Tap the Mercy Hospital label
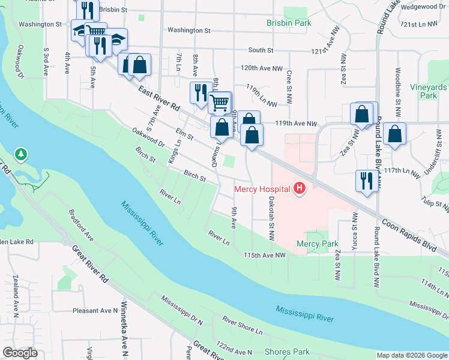[262, 190]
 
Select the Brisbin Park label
[289, 23]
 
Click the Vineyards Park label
[429, 91]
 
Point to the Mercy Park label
[318, 244]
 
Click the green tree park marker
[22, 155]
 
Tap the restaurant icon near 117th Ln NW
[366, 179]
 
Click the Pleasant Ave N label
[95, 311]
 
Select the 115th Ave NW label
[264, 255]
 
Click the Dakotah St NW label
[271, 218]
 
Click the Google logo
[20, 353]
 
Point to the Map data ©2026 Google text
[411, 355]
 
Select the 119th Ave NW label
[295, 124]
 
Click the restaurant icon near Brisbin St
[87, 10]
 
